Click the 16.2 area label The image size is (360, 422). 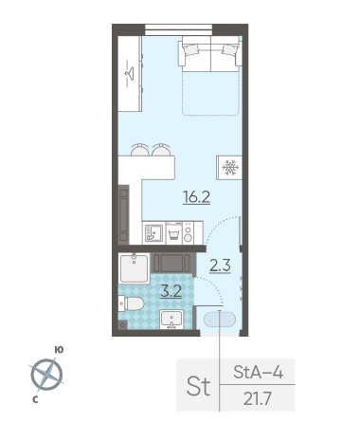click(x=196, y=197)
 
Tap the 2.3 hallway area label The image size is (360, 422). click(x=220, y=266)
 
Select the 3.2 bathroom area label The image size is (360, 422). click(x=171, y=291)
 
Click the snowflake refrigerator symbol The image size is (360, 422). click(x=230, y=168)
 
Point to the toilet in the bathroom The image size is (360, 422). click(x=131, y=303)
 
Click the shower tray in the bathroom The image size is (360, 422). click(x=135, y=268)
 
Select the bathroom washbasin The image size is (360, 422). click(x=171, y=319)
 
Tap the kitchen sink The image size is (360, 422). click(x=153, y=233)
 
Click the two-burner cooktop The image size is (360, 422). click(x=188, y=233)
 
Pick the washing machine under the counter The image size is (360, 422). click(x=174, y=233)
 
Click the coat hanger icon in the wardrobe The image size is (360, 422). click(x=129, y=74)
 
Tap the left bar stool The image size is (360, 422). click(x=139, y=150)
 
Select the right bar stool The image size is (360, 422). click(x=161, y=150)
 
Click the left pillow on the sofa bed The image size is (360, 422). click(x=191, y=49)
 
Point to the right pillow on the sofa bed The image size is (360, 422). click(x=230, y=49)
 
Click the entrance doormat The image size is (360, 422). click(x=220, y=320)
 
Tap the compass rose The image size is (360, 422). click(x=46, y=375)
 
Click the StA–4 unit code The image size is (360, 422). click(x=258, y=372)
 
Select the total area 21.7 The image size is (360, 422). click(x=258, y=398)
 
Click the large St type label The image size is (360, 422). click(x=198, y=386)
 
